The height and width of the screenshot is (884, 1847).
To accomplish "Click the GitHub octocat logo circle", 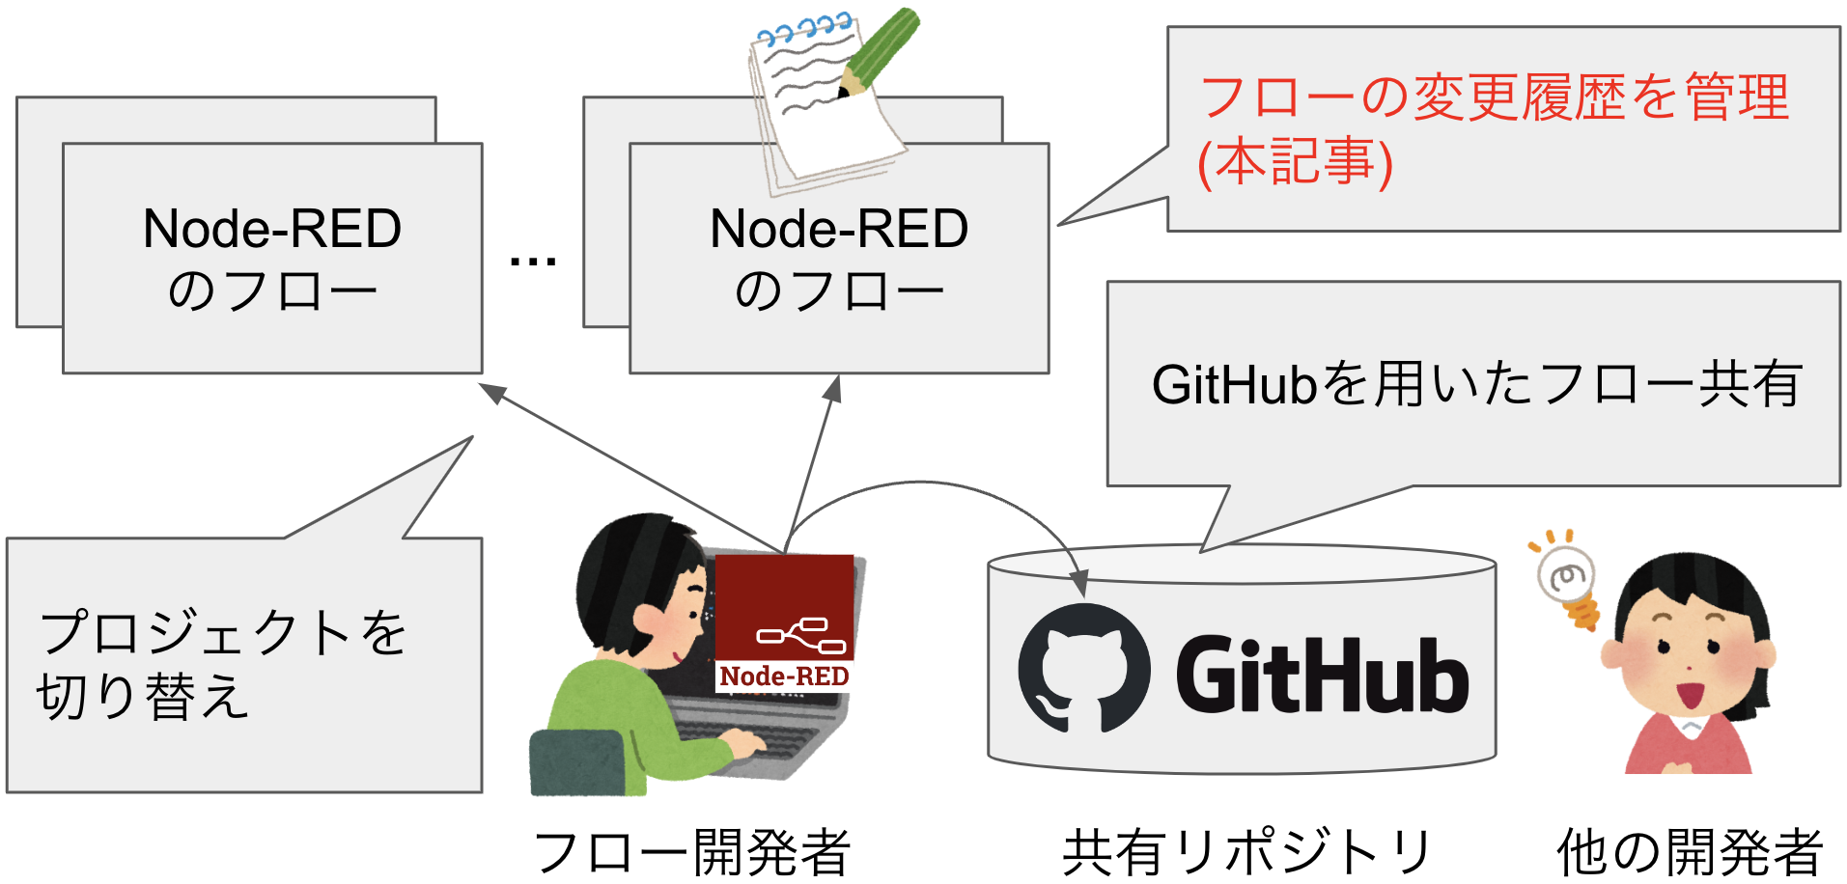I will pyautogui.click(x=1084, y=669).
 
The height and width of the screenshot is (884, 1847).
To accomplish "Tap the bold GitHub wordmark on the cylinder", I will pyautogui.click(x=1322, y=676).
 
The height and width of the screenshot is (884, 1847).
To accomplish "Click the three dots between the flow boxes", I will pyautogui.click(x=533, y=261).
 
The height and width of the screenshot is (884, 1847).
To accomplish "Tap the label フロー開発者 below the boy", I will pyautogui.click(x=691, y=852).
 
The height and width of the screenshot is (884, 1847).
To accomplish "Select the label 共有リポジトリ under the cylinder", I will pyautogui.click(x=1246, y=852).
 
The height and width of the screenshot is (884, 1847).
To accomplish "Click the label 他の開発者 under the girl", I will pyautogui.click(x=1689, y=852).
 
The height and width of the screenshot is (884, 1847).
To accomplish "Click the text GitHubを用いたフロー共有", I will pyautogui.click(x=1476, y=384).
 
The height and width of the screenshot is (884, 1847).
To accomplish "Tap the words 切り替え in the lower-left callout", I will pyautogui.click(x=143, y=697).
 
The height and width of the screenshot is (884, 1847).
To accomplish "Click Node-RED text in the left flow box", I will pyautogui.click(x=271, y=229).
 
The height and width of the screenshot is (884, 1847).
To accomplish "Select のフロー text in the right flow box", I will pyautogui.click(x=838, y=290).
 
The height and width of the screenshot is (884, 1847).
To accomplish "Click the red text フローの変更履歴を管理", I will pyautogui.click(x=1494, y=97).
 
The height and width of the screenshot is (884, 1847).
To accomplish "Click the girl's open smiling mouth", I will pyautogui.click(x=1689, y=694).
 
